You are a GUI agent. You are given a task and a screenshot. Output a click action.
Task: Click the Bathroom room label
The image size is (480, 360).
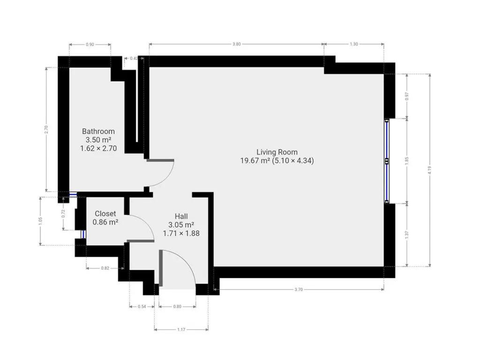click(x=98, y=131)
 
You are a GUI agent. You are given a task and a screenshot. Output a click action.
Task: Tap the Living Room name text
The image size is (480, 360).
click(x=277, y=152)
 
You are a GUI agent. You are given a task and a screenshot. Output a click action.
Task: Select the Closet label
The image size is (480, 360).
click(x=105, y=214)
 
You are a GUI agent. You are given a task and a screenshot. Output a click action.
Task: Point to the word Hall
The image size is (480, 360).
click(x=181, y=217)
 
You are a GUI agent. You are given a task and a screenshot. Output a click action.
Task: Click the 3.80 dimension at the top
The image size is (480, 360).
click(x=236, y=44)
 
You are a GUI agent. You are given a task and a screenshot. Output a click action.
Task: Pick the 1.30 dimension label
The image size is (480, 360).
click(x=353, y=44)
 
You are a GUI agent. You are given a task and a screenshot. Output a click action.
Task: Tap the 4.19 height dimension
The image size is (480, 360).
click(x=430, y=170)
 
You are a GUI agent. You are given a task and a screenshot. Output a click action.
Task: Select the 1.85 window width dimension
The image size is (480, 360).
click(x=407, y=161)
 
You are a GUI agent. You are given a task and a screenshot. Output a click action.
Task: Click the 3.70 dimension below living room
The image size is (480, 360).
click(x=299, y=289)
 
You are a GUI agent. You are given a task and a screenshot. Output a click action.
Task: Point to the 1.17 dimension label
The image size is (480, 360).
click(x=181, y=330)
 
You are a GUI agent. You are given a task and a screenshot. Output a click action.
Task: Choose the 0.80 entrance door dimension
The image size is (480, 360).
click(x=177, y=307)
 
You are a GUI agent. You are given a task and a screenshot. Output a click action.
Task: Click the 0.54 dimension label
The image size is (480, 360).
click(x=142, y=307)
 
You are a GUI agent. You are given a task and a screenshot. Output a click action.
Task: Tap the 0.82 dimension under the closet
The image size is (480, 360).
click(x=105, y=268)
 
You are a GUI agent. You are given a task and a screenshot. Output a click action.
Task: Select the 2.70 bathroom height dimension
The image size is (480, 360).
click(x=46, y=129)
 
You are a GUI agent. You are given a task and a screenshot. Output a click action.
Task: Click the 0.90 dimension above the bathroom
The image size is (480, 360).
click(x=90, y=45)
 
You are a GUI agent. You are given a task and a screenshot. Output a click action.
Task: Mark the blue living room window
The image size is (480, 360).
click(x=387, y=161)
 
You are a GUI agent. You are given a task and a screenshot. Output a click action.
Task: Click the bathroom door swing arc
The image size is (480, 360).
click(x=167, y=179)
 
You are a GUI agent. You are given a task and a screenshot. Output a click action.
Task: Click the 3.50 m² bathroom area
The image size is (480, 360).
click(x=98, y=140)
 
